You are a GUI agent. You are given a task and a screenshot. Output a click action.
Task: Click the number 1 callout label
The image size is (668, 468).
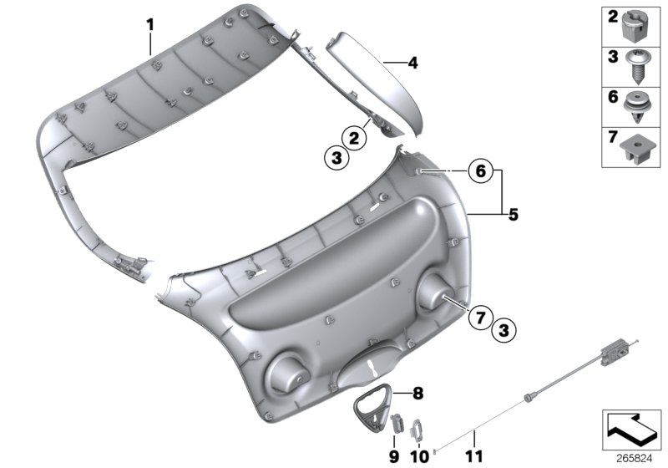coord(150,25)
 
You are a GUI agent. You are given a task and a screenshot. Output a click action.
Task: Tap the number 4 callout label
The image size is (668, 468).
coord(412,62)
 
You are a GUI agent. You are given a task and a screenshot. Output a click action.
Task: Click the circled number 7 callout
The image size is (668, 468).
coord(479,318)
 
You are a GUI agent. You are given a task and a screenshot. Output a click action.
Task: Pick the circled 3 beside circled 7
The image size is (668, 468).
coord(503,331)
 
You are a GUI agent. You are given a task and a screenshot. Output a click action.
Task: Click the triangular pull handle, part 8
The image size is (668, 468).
coord(373,404)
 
